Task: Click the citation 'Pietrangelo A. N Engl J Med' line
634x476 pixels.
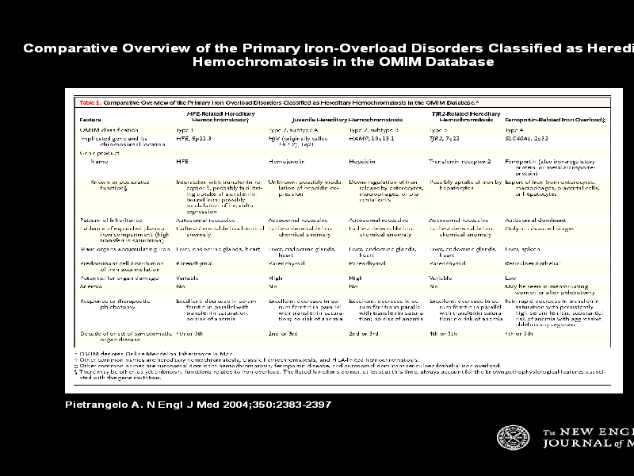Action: (197, 405)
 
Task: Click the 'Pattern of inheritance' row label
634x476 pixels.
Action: (110, 219)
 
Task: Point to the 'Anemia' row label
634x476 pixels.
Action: (90, 286)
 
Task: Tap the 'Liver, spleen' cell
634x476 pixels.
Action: (524, 248)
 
